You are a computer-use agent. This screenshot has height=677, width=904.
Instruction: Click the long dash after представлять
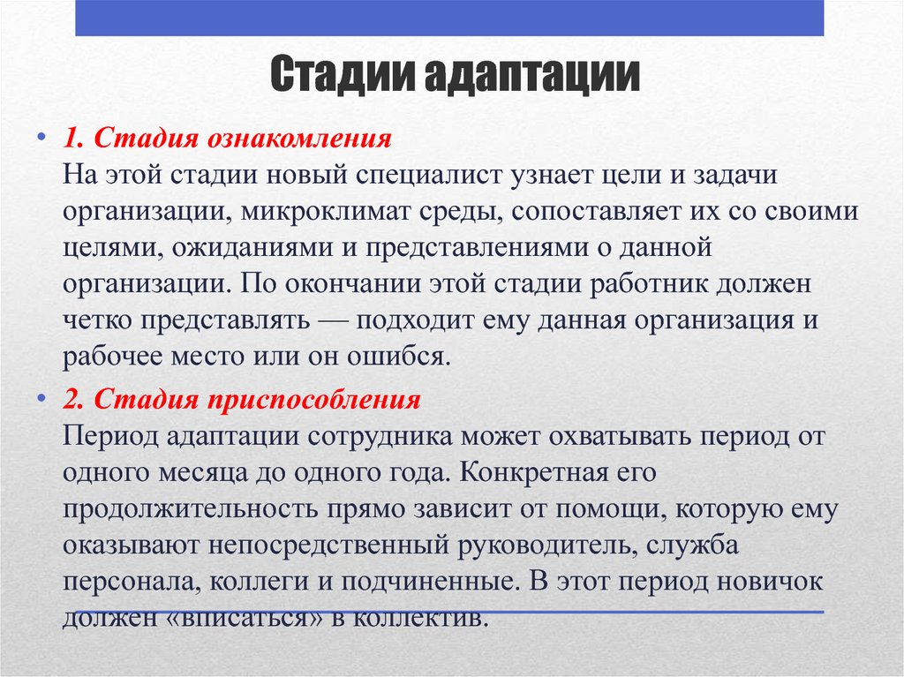click(330, 321)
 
